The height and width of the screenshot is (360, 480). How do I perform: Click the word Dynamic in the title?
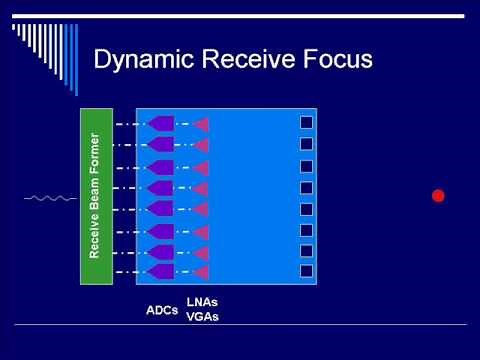click(x=144, y=60)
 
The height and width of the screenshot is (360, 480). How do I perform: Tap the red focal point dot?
click(x=437, y=195)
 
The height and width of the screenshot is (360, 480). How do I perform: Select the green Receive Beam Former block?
click(x=95, y=196)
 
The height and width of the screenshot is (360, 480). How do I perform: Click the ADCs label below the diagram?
click(x=162, y=310)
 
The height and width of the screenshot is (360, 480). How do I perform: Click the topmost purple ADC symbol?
click(x=160, y=123)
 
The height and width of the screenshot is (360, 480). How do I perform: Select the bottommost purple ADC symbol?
click(x=160, y=272)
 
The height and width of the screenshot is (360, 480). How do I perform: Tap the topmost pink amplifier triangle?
click(x=201, y=124)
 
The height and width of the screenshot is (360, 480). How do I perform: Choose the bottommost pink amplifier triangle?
click(x=201, y=272)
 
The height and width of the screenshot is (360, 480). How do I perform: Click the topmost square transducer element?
click(x=307, y=123)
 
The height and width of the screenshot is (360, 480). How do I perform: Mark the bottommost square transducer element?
click(x=307, y=272)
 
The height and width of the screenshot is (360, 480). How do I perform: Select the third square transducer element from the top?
click(x=307, y=166)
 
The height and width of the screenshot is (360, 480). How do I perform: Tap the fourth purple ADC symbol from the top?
click(x=160, y=187)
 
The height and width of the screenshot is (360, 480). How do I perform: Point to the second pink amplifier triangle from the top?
click(x=201, y=145)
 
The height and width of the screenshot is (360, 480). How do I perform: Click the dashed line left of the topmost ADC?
click(x=130, y=123)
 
